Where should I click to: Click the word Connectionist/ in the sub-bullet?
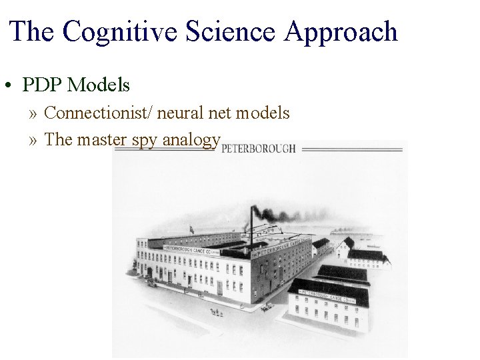pos(97,113)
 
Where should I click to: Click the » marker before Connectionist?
pos(34,113)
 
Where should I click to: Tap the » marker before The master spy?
pos(34,140)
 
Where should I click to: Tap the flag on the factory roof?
pos(193,229)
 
